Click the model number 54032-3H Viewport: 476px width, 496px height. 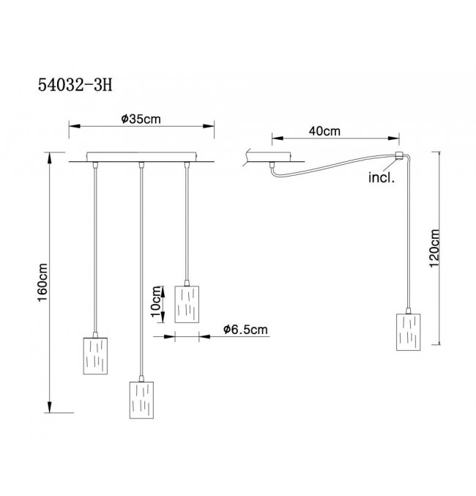coord(75,85)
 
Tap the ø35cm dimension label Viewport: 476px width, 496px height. coord(141,119)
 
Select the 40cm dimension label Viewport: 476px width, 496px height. coord(324,131)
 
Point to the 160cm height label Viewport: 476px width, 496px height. coord(42,283)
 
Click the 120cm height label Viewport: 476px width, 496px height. coord(434,248)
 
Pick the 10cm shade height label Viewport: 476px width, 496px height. coord(156,301)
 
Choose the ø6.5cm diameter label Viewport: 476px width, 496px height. coord(245,330)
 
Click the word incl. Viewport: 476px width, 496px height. coord(382,177)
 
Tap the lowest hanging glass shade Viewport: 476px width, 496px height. coord(141,400)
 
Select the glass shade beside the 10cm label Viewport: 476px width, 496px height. coord(187,304)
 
